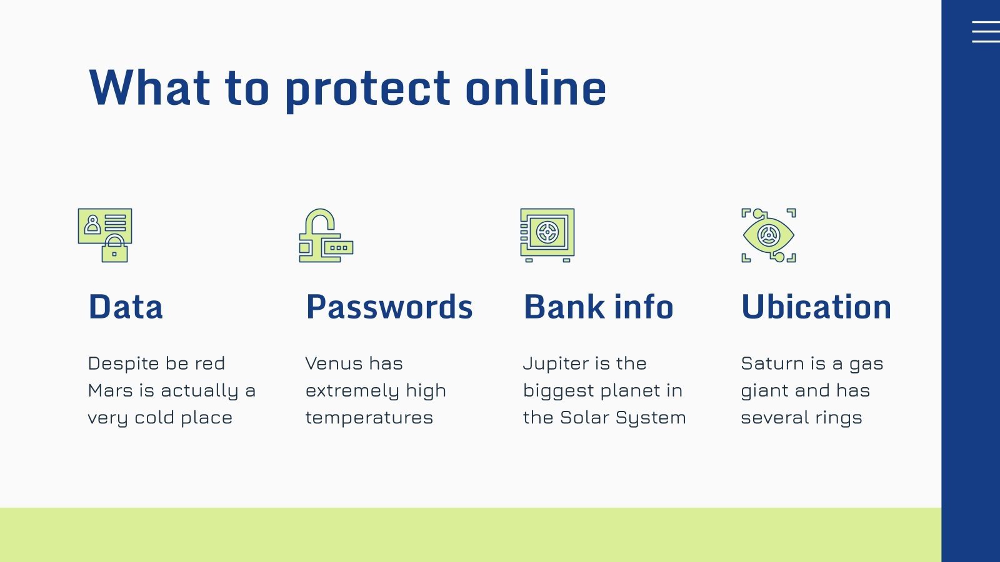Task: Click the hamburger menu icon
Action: (x=986, y=31)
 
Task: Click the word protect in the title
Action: (x=367, y=89)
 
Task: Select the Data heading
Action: (x=126, y=307)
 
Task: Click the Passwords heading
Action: (x=389, y=307)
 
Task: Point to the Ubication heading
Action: (x=816, y=307)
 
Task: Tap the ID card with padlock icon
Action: (x=105, y=235)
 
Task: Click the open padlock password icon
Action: (x=326, y=235)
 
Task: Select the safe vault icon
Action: (x=547, y=235)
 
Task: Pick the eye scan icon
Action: (x=768, y=235)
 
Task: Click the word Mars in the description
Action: (x=110, y=391)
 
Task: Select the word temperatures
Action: (x=369, y=418)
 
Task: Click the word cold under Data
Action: (x=154, y=418)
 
